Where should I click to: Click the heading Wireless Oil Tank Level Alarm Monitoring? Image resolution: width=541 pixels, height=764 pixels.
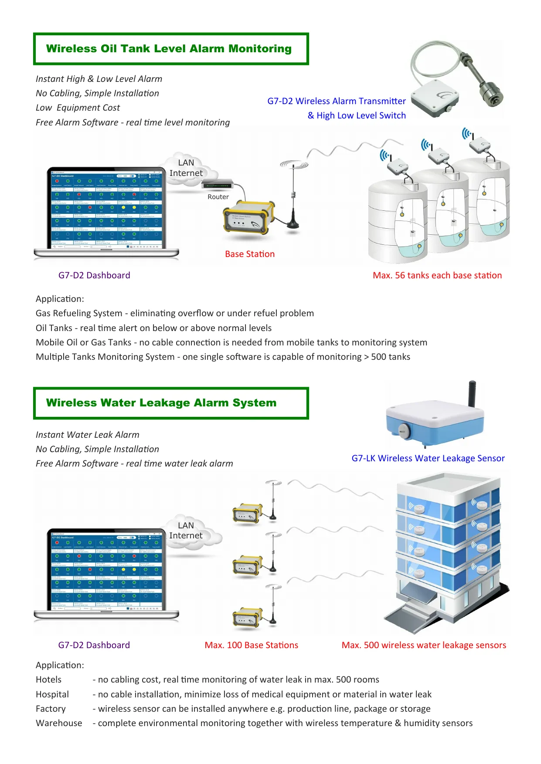tap(169, 49)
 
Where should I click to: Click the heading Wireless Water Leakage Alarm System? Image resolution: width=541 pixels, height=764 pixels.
tap(161, 403)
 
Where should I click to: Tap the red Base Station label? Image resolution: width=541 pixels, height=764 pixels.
tap(250, 254)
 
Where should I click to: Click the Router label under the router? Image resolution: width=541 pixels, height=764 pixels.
tap(218, 197)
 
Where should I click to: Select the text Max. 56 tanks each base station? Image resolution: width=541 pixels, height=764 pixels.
tap(437, 275)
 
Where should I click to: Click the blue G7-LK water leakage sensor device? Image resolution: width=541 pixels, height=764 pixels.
tap(434, 420)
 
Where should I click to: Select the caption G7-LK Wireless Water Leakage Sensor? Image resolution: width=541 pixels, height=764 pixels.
tap(428, 458)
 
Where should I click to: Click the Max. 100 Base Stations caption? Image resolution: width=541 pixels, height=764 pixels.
tap(251, 645)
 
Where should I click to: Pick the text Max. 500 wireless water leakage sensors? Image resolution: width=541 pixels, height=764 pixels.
tap(424, 645)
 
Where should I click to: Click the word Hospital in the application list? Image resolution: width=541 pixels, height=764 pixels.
tap(52, 694)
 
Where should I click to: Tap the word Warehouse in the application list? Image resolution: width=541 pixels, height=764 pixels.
tap(59, 723)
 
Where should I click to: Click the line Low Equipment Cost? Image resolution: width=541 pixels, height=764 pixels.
tap(78, 108)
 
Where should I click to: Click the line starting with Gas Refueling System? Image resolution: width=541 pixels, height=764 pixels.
tap(174, 313)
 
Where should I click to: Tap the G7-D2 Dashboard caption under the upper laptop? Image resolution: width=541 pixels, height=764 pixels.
tap(94, 275)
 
